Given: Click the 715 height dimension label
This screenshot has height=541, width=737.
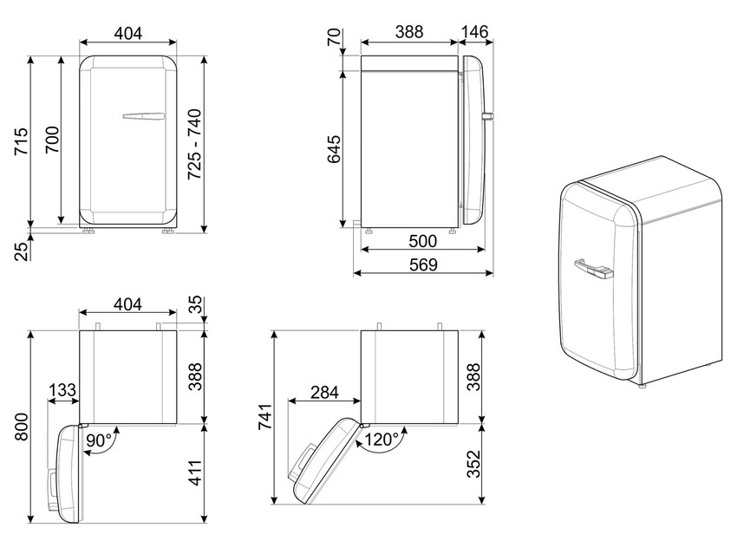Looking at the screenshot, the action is point(22,141).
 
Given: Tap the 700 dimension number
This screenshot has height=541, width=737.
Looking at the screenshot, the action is point(52,140).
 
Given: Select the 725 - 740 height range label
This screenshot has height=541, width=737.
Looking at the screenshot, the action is point(194,144).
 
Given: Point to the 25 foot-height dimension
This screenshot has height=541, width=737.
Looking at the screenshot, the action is point(22,252).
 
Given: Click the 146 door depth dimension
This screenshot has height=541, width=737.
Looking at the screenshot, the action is point(475,32).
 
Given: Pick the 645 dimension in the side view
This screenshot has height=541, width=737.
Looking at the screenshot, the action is point(334,149).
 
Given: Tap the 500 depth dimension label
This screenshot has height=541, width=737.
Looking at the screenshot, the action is point(423,241).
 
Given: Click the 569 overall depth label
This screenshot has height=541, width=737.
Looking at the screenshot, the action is point(423,264).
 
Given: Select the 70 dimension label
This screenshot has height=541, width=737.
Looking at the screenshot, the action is point(334,37).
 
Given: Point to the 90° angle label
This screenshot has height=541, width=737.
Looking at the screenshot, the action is point(99,440).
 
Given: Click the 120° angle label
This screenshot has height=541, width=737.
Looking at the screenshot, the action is point(382,440).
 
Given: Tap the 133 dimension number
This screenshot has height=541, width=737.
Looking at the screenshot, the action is point(62,389).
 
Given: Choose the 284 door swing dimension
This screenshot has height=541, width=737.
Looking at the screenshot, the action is point(324,392).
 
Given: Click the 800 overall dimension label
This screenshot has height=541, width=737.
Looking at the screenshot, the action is point(22,427).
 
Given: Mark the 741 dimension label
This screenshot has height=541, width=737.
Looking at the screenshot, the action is point(265,416).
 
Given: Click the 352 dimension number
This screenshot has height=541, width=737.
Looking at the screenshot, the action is point(473,464).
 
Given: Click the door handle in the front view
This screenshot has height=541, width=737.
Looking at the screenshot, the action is point(144,115).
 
